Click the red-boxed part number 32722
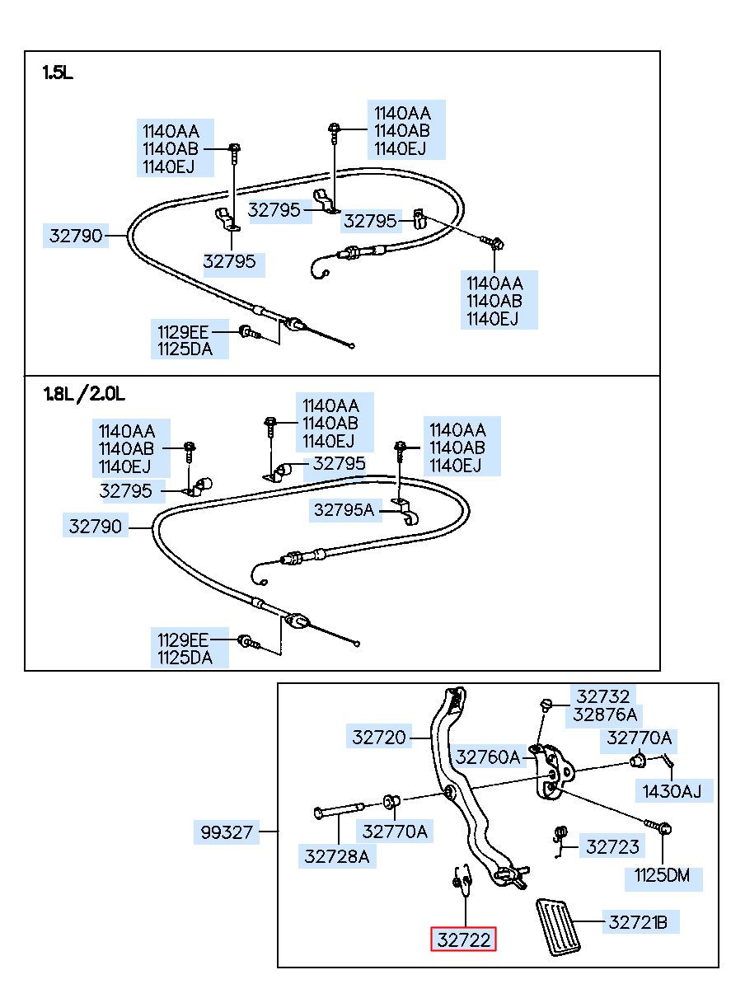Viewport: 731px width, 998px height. [463, 939]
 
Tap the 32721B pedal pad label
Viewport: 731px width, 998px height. [637, 922]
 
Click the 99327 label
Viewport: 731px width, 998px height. [227, 832]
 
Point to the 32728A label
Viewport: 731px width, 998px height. [337, 856]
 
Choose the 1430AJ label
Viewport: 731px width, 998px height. [672, 791]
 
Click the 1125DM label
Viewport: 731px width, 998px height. [662, 875]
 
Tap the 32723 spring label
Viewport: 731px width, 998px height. [612, 846]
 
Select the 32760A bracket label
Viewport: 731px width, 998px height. [488, 757]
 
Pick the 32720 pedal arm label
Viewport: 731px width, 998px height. [378, 738]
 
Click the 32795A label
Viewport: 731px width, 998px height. [344, 509]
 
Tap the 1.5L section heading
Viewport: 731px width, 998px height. [58, 73]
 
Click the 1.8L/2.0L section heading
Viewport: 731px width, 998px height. [84, 393]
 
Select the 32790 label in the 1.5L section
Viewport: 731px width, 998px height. [76, 236]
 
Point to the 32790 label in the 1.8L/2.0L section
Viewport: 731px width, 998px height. [95, 526]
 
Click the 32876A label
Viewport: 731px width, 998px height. [604, 715]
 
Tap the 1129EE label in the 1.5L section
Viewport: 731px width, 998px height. [183, 332]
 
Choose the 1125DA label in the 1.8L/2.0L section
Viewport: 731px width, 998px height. [185, 658]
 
